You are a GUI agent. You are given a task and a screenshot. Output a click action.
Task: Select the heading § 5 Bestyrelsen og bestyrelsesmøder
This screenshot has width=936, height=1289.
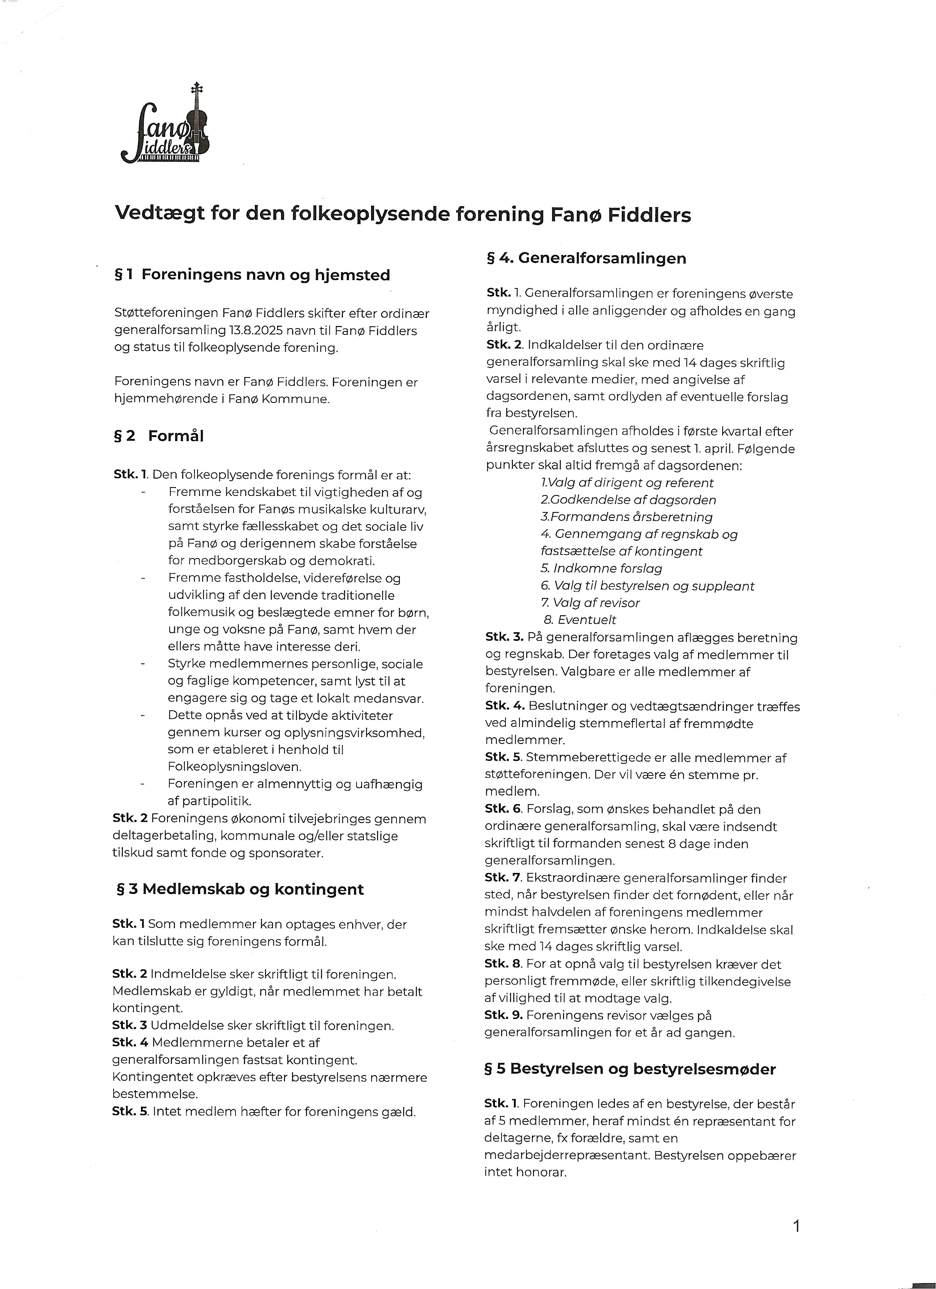pyautogui.click(x=630, y=1069)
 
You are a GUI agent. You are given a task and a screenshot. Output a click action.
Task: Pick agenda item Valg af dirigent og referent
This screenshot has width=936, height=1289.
pyautogui.click(x=627, y=483)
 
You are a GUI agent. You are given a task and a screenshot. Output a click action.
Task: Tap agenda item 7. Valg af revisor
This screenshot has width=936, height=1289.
pyautogui.click(x=590, y=603)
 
